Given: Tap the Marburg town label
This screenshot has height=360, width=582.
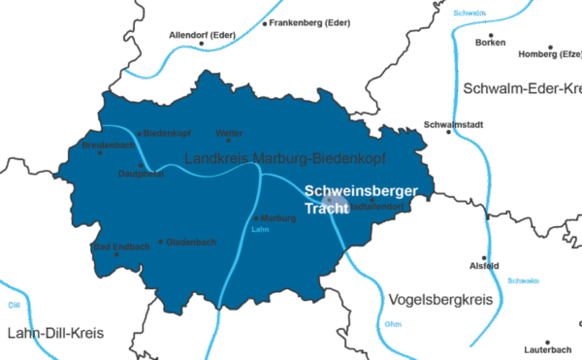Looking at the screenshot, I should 278,218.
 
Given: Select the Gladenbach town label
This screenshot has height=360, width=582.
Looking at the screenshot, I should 191,242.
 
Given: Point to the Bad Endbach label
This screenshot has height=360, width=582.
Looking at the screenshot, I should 121,247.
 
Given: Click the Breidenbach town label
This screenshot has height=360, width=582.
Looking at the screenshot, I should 109,145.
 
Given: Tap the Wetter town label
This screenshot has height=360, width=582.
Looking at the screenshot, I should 229,133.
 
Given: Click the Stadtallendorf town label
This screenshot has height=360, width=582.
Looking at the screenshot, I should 373,207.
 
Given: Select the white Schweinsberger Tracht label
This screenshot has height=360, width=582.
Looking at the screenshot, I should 360,200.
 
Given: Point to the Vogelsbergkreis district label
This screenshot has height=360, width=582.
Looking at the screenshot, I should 439,298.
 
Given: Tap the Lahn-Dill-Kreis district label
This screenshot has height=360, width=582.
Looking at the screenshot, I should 54,333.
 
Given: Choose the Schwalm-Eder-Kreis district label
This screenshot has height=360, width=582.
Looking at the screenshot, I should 522,88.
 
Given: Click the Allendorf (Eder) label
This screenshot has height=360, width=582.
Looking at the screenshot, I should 203,35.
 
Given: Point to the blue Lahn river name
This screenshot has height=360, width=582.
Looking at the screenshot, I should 259,231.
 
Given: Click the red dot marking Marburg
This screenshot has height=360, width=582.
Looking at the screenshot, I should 255,218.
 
